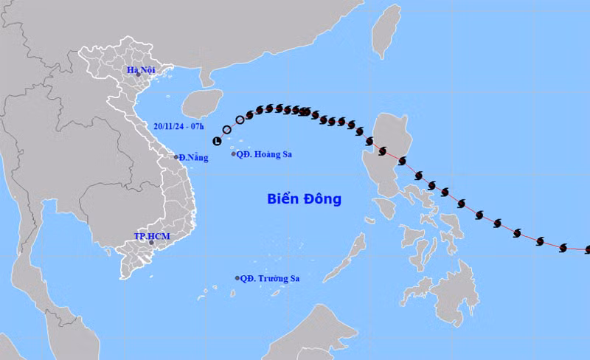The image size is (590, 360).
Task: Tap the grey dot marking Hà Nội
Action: [x=138, y=75]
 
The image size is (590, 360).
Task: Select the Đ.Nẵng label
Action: [x=193, y=157]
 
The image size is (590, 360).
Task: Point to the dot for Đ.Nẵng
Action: [x=176, y=157]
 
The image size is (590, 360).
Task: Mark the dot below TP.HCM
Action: [x=151, y=242]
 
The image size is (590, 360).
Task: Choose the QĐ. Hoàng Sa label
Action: [x=263, y=154]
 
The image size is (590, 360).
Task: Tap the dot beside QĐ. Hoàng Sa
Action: [x=234, y=154]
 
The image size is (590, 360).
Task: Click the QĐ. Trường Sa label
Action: [x=271, y=278]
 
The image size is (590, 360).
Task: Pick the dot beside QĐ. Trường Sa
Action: [x=237, y=278]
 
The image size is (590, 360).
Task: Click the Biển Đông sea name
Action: [x=303, y=199]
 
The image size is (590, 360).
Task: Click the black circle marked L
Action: [x=217, y=140]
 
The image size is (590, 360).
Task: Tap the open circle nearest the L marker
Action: [x=227, y=130]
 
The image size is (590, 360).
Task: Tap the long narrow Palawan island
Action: [x=354, y=251]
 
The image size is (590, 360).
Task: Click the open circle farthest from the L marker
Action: [x=240, y=120]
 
